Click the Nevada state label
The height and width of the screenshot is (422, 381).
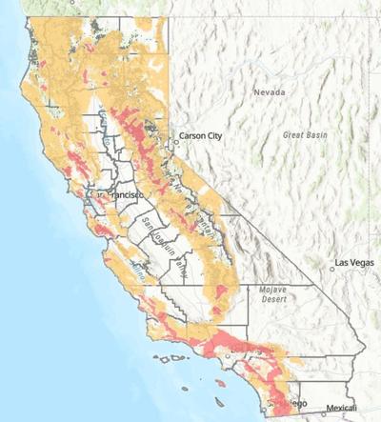coord(270,91)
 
